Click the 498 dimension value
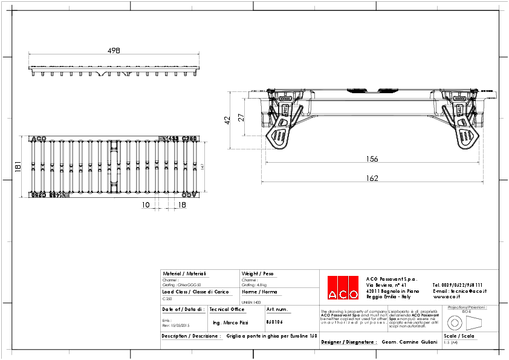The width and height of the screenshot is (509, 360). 114,51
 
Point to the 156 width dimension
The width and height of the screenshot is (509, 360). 372,159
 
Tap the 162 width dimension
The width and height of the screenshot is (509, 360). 372,178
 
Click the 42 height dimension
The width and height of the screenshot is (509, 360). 228,120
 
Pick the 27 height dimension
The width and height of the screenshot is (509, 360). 241,117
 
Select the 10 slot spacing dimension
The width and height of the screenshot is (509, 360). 146,205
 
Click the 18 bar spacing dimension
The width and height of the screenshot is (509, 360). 181,205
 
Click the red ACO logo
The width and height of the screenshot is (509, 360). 342,288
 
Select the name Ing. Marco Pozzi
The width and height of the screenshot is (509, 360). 231,324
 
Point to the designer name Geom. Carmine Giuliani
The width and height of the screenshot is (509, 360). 409,342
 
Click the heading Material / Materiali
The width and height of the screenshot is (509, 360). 184,274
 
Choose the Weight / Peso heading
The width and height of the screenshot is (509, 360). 258,274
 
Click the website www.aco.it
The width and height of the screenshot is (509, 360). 447,297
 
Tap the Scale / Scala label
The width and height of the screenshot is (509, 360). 459,335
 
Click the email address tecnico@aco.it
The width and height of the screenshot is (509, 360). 459,291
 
